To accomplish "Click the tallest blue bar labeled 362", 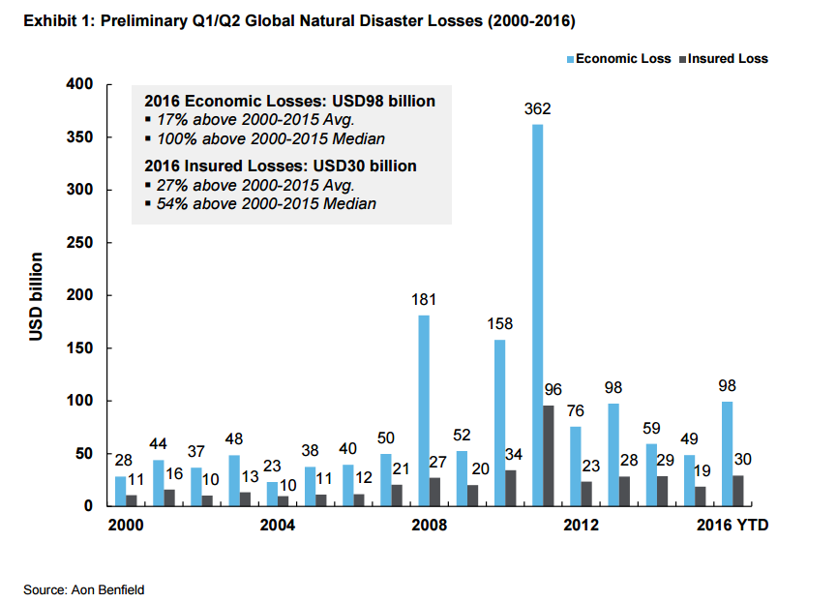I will [x=537, y=315].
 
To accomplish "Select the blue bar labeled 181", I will [x=424, y=410].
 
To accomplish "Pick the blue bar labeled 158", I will [x=499, y=422].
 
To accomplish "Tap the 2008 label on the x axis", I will [x=429, y=526].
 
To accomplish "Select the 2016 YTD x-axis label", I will [x=732, y=526].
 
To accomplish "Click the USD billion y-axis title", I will [x=37, y=296].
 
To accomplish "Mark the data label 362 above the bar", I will [x=538, y=108].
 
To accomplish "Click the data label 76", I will [x=575, y=412].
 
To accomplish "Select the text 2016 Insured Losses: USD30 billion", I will [x=281, y=166].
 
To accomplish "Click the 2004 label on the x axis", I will [x=278, y=526].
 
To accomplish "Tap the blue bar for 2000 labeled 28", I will [x=120, y=491].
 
